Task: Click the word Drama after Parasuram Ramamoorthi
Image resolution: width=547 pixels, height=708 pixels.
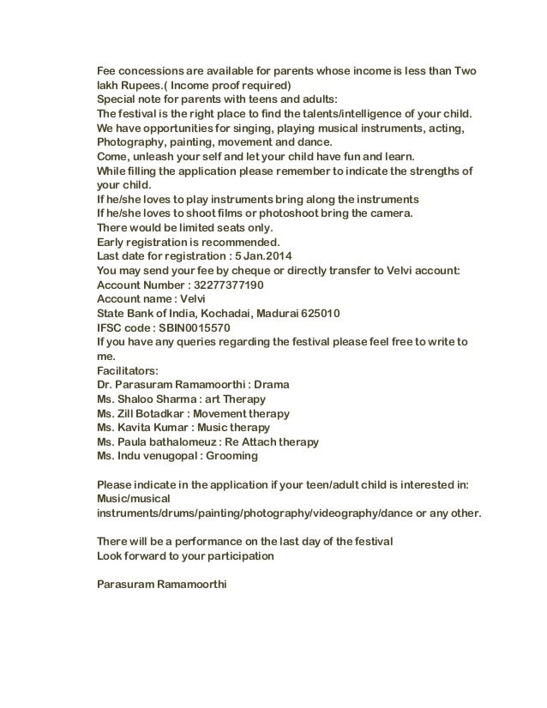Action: (x=271, y=385)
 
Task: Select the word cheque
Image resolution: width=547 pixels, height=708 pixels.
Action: (x=273, y=270)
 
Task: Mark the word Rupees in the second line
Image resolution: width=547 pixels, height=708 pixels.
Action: (x=152, y=86)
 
